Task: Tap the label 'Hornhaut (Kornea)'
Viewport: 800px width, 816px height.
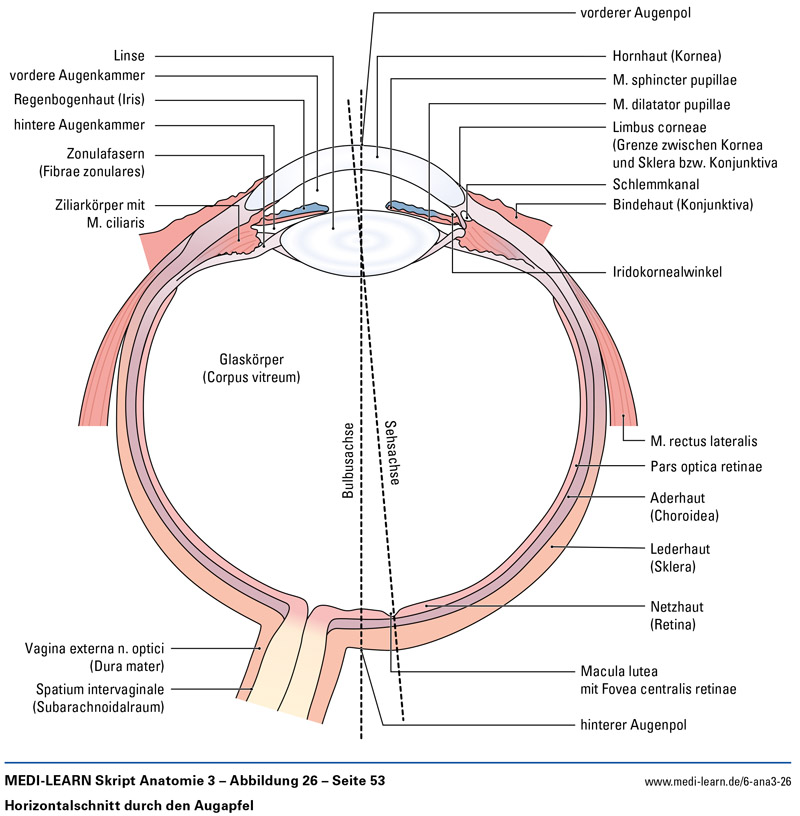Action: click(x=666, y=56)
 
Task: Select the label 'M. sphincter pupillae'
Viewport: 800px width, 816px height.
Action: click(x=676, y=80)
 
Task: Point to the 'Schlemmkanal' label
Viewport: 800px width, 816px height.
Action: click(x=655, y=185)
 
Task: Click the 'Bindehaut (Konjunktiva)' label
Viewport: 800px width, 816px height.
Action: click(x=682, y=205)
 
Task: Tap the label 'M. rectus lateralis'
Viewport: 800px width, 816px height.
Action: click(x=703, y=440)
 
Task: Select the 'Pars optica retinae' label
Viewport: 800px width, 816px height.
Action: click(x=706, y=466)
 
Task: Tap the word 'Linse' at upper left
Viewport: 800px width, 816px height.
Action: click(x=131, y=55)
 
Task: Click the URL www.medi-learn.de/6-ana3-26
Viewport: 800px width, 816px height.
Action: click(x=718, y=781)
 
